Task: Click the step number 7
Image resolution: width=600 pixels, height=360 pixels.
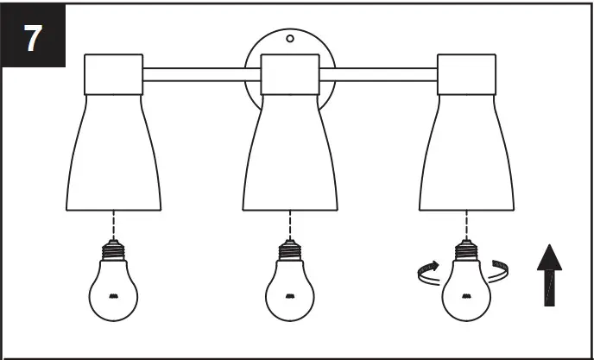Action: pyautogui.click(x=33, y=38)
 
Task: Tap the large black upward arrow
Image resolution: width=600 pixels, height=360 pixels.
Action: pyautogui.click(x=549, y=275)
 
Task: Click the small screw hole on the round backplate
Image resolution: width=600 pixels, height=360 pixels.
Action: pyautogui.click(x=290, y=38)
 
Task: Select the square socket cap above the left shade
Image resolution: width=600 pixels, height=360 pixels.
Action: pyautogui.click(x=113, y=75)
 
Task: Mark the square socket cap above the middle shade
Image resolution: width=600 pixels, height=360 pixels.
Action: pyautogui.click(x=290, y=75)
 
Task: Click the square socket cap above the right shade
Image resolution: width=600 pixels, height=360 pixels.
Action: pyautogui.click(x=466, y=75)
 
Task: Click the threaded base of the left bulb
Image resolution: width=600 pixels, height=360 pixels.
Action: pyautogui.click(x=113, y=251)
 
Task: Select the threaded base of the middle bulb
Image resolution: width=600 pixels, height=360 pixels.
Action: pyautogui.click(x=290, y=251)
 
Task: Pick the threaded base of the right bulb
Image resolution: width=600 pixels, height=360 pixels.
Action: pyautogui.click(x=466, y=251)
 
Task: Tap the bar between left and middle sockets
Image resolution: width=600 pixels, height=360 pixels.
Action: pyautogui.click(x=201, y=75)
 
